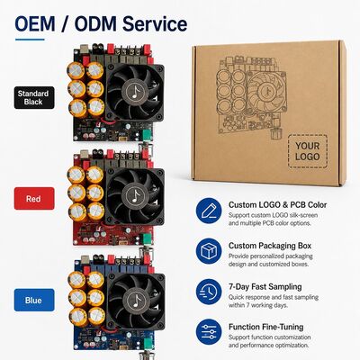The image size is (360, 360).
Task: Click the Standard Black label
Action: pos(34,98)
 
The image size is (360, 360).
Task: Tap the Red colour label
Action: pos(34,199)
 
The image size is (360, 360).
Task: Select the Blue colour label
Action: pos(34,300)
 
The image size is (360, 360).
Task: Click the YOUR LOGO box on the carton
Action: pos(308,151)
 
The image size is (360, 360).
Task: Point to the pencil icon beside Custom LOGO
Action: pos(209,211)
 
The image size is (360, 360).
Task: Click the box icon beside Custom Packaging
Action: pos(209,251)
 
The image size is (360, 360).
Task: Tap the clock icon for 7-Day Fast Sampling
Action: pos(209,292)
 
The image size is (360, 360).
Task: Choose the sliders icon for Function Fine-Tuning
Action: pos(209,332)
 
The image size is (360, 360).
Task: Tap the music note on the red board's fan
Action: pos(136,196)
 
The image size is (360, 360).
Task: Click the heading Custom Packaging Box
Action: pos(270,246)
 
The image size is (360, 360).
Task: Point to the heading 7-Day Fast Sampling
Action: pos(265,286)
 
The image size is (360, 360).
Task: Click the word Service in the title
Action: pos(155,24)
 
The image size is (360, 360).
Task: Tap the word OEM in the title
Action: pos(35,24)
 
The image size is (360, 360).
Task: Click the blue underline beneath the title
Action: pos(30,40)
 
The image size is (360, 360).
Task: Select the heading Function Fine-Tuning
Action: pos(266,327)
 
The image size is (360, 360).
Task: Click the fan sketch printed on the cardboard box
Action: pos(266,90)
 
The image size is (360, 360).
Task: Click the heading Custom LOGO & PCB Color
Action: pos(277,205)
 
